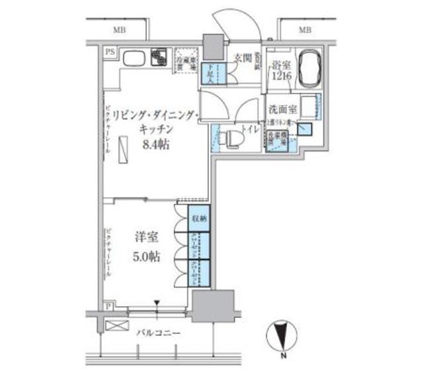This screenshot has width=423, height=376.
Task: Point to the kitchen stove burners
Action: [159, 59]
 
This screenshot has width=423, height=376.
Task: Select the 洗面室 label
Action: [282, 109]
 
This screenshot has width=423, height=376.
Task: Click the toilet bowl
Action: [232, 139]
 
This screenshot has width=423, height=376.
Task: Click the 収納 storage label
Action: [198, 218]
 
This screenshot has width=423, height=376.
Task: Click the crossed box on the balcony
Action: [113, 325]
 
